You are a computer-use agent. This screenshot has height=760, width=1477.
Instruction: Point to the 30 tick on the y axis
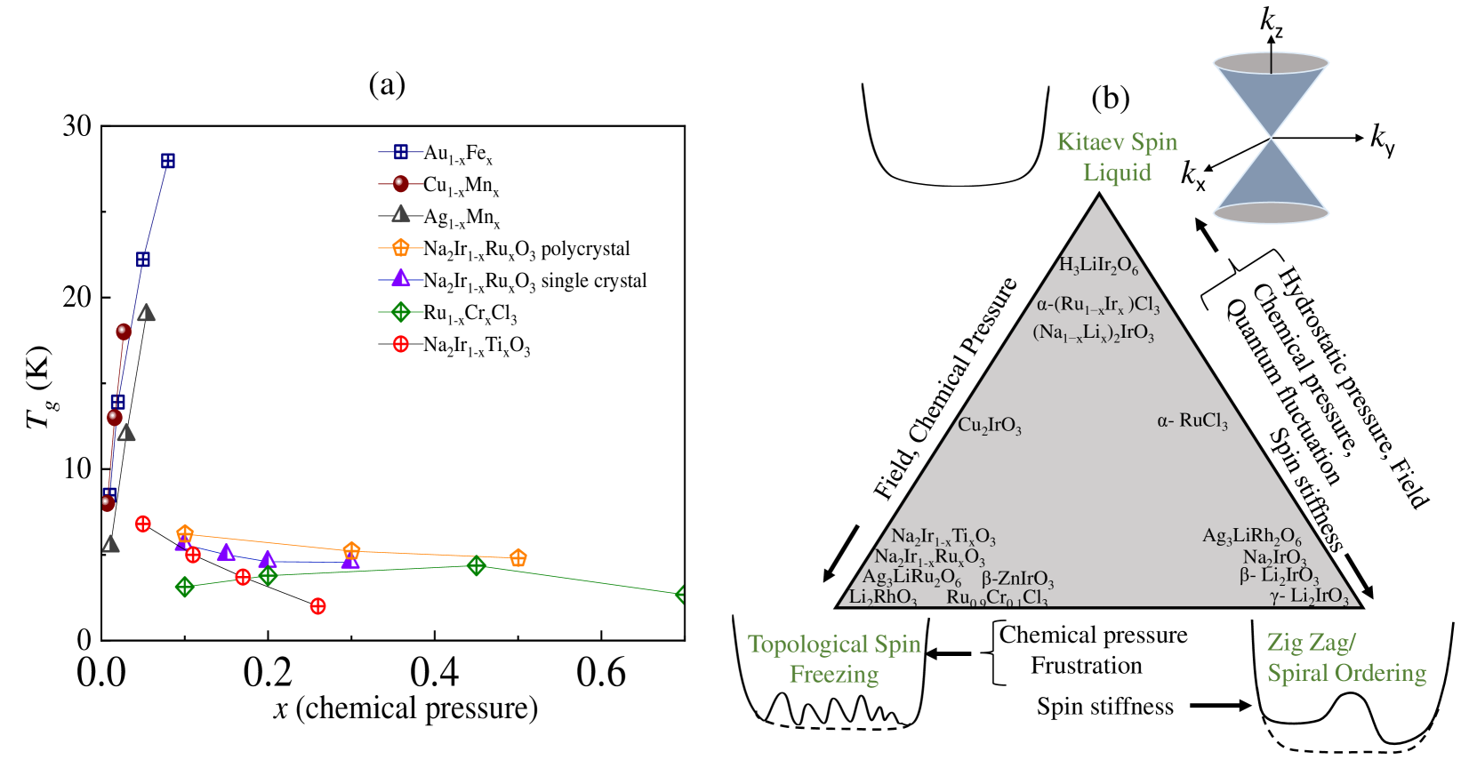point(77,126)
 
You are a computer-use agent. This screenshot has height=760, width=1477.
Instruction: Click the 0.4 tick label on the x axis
point(434,673)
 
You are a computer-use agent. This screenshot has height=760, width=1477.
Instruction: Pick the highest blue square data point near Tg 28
point(167,161)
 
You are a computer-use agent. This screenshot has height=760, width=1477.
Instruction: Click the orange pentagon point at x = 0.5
point(518,558)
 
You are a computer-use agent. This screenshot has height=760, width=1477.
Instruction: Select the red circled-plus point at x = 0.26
point(317,606)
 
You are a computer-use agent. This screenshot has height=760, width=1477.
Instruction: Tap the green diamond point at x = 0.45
point(477,565)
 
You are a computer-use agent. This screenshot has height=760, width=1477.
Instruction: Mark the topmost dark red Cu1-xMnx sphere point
point(124,332)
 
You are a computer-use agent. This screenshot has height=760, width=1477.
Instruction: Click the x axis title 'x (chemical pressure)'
point(405,708)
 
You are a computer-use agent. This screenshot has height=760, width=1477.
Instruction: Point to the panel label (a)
point(387,84)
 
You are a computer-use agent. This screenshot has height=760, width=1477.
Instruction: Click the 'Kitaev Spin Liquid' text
point(1117,156)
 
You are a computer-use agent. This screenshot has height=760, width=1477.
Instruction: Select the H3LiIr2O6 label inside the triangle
point(1098,265)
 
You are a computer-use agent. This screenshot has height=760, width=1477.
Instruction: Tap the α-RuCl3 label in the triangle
point(1192,420)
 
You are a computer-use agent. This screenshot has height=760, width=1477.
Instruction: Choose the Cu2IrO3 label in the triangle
point(989,425)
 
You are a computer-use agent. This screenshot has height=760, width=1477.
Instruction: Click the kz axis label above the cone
point(1272,21)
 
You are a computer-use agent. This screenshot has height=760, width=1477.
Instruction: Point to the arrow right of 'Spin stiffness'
point(1220,706)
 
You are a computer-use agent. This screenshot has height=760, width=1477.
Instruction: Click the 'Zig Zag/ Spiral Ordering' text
point(1346,658)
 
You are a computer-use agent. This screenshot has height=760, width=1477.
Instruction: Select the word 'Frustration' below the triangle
point(1086,666)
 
